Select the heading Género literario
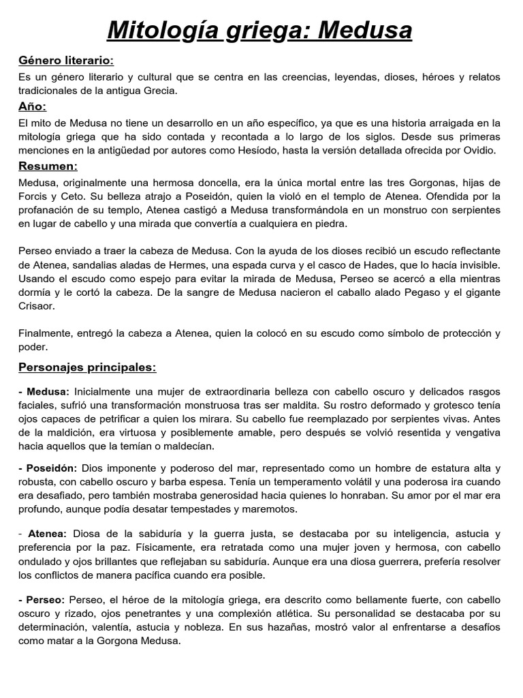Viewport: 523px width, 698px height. coord(66,61)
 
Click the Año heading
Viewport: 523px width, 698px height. coord(33,107)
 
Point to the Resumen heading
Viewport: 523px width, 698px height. coord(48,166)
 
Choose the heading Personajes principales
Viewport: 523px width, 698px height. coord(87,367)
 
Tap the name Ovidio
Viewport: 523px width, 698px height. coord(478,151)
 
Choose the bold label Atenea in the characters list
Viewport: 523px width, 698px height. coord(47,533)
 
